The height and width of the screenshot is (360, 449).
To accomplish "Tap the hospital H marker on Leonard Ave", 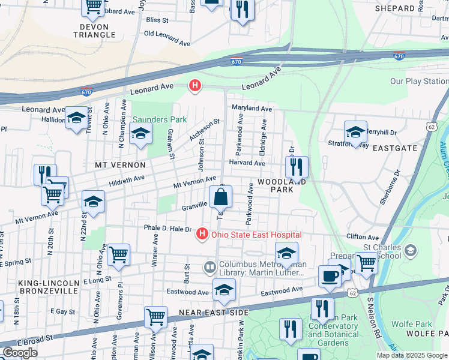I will click(195, 86).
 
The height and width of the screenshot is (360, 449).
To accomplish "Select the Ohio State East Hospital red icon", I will click(203, 235).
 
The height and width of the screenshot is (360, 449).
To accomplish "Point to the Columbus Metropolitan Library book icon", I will click(209, 266).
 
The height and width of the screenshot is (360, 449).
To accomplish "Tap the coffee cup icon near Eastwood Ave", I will click(329, 275).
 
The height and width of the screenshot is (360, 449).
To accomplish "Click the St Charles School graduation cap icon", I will click(411, 250).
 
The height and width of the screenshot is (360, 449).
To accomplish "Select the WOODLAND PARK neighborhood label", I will click(282, 185).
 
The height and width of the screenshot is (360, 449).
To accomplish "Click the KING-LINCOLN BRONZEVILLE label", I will click(40, 287).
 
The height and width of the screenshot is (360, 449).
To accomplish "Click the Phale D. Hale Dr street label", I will click(158, 229).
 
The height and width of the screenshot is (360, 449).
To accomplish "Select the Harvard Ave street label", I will click(247, 163).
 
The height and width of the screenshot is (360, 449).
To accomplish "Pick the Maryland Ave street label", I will click(252, 109).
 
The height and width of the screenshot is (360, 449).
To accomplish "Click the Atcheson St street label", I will click(205, 130).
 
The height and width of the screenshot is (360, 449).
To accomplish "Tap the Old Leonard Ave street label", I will click(167, 38).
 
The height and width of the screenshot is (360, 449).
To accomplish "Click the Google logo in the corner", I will click(20, 353).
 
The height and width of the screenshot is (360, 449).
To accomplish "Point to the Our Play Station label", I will click(418, 81).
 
